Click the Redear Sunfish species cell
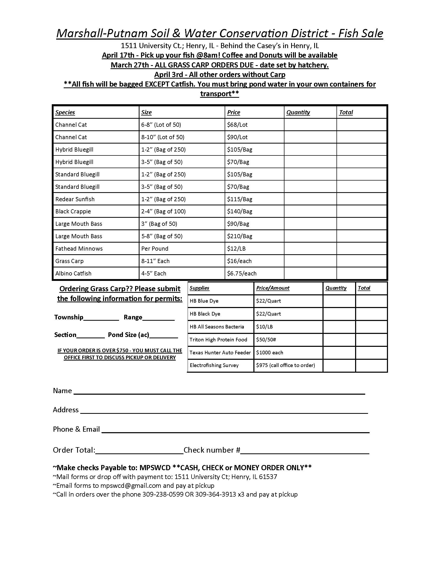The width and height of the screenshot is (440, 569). pyautogui.click(x=75, y=199)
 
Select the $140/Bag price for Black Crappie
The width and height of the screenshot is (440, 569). pyautogui.click(x=240, y=211)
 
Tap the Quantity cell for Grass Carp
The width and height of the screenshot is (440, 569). pyautogui.click(x=310, y=261)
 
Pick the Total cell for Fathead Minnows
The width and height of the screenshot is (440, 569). pyautogui.click(x=361, y=249)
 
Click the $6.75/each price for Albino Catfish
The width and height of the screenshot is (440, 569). pyautogui.click(x=242, y=273)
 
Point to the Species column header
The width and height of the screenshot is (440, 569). pyautogui.click(x=65, y=112)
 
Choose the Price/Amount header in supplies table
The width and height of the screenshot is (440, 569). pyautogui.click(x=273, y=288)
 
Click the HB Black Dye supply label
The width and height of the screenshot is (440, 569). pyautogui.click(x=205, y=314)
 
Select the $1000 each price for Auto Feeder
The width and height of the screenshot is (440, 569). pyautogui.click(x=269, y=353)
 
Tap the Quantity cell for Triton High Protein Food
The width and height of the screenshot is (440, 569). pyautogui.click(x=339, y=340)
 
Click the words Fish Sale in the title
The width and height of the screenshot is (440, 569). pyautogui.click(x=361, y=33)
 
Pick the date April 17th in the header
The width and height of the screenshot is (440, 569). pyautogui.click(x=118, y=55)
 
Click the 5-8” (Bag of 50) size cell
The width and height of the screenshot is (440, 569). pyautogui.click(x=162, y=236)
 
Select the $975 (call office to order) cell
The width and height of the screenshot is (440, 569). pyautogui.click(x=285, y=365)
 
